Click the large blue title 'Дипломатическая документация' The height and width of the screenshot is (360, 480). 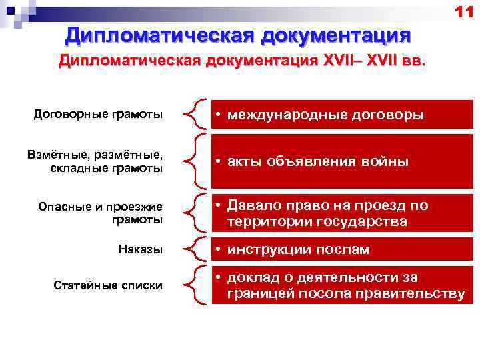coord(237,34)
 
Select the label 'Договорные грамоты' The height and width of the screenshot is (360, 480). coord(98,114)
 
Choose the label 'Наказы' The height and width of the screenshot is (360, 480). coord(140,249)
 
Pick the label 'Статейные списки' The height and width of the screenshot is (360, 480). coord(107,285)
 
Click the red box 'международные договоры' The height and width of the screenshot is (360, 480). coord(341,115)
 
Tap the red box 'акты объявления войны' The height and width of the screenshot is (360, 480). coord(341,161)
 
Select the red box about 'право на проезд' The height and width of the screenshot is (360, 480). coord(341,213)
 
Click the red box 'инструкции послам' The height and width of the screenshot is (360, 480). coord(341,249)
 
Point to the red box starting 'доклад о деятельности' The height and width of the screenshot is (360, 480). coord(341,285)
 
